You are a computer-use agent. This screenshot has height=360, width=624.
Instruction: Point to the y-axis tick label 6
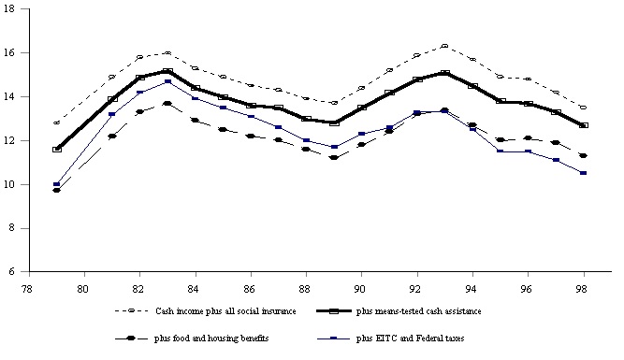click(9, 272)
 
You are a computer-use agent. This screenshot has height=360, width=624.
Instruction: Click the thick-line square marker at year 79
click(57, 149)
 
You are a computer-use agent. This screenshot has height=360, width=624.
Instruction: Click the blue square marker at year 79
click(57, 184)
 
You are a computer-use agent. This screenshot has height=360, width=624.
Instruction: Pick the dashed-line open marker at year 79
click(57, 122)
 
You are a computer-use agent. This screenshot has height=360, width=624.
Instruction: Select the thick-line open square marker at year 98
click(583, 124)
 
